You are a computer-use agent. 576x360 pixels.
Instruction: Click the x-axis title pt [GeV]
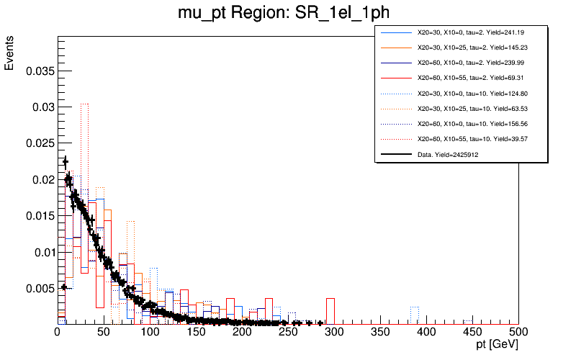[492, 346]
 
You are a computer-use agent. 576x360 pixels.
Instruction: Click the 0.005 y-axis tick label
[39, 288]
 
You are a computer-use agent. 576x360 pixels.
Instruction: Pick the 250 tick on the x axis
[288, 332]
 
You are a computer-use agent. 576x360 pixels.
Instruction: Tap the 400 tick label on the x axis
[426, 332]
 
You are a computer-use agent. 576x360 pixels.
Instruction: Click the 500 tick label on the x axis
[518, 332]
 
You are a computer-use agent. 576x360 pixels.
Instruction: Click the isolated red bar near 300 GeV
[330, 310]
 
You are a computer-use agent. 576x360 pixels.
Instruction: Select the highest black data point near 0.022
[66, 161]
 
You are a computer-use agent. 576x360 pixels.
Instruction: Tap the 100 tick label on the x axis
[150, 332]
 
